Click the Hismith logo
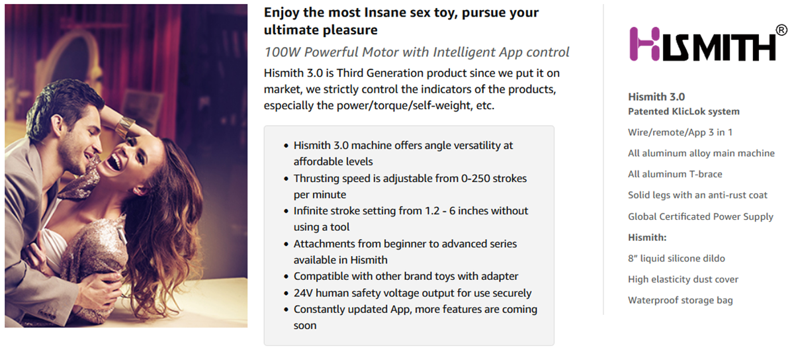703,44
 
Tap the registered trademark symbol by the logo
781,30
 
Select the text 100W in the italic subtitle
282,52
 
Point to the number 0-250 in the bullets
475,178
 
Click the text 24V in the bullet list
303,293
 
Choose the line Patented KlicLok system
684,111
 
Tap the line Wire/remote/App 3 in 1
680,132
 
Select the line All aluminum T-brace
675,174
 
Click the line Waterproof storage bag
680,300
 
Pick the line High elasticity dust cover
683,279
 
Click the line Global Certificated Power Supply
701,216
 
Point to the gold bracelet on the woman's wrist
125,126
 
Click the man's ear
57,124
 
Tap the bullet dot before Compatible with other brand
286,277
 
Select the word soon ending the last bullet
305,326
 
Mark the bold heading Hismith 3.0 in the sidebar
656,97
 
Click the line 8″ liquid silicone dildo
676,258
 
